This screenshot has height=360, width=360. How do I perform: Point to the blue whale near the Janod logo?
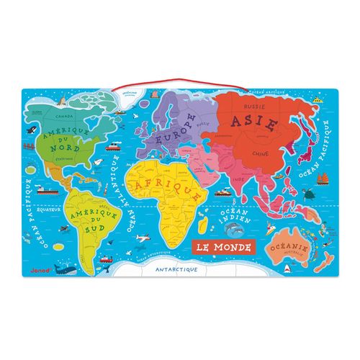tap(66, 270)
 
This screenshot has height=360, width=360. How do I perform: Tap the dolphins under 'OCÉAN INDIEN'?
tap(233, 230)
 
